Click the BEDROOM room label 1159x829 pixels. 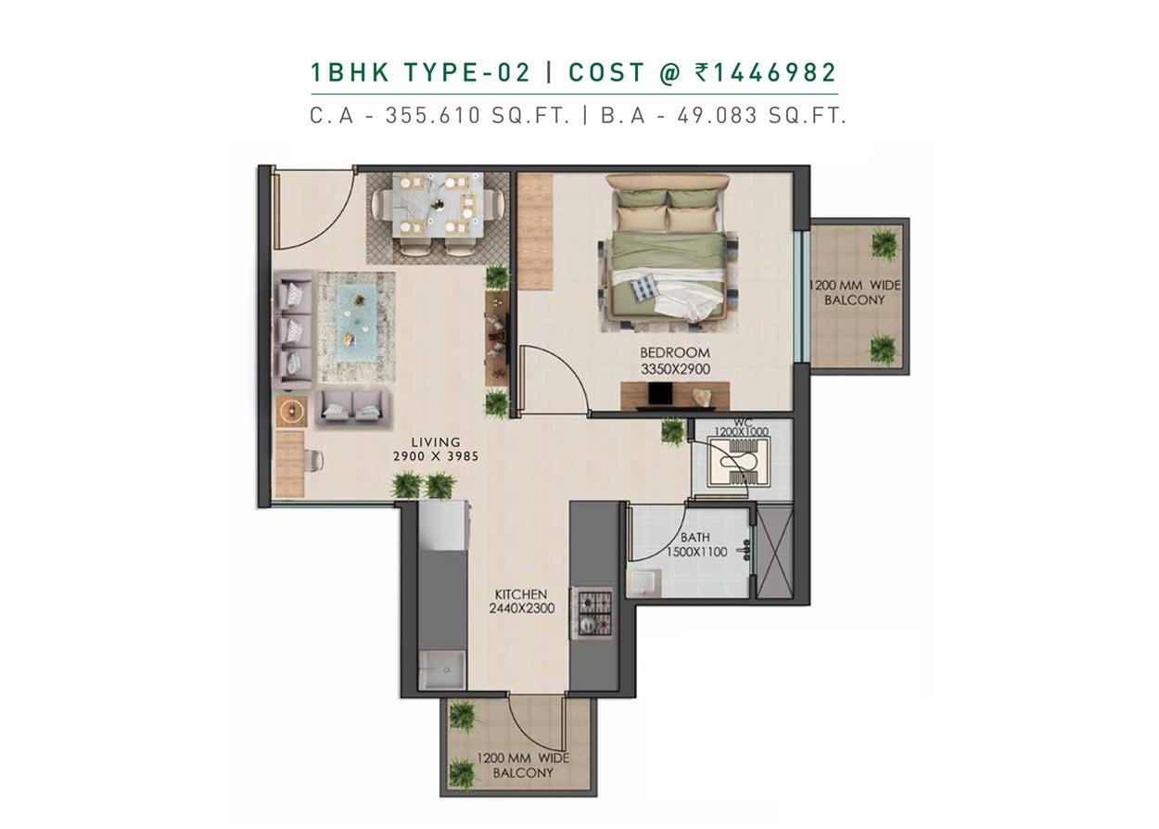tap(675, 352)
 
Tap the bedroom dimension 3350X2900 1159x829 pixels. tap(675, 369)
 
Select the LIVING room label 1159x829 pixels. tap(436, 442)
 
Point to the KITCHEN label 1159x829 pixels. tap(521, 594)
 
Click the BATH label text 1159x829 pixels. tap(694, 537)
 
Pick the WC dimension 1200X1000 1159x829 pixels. tap(742, 431)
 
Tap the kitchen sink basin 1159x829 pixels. tap(442, 671)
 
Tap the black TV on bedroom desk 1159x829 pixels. tap(660, 394)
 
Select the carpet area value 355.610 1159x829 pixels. tap(433, 115)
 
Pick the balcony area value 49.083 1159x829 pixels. tap(717, 115)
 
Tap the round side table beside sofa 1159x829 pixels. tap(291, 412)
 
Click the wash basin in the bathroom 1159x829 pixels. tap(644, 583)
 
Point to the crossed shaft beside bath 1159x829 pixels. tap(774, 553)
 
